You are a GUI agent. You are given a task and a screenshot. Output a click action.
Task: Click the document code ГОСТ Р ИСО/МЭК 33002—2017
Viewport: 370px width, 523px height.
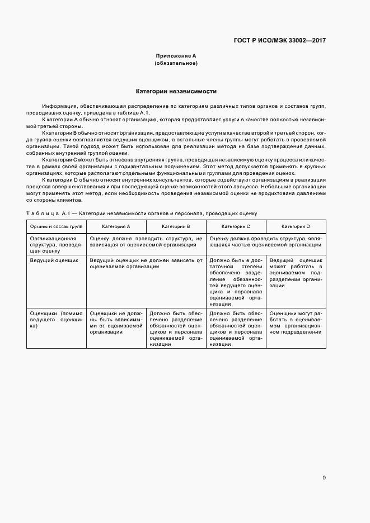point(279,40)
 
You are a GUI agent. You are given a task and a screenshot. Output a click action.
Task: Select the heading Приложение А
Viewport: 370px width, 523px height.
point(176,56)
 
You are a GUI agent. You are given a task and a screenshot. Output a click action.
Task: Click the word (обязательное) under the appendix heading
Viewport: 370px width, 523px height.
point(176,63)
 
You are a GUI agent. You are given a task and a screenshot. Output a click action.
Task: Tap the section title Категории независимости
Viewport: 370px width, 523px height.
point(176,91)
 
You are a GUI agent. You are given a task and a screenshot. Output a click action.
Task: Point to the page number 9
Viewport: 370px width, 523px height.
point(324,462)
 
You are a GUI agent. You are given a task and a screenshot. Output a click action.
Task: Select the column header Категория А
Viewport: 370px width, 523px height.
point(116,226)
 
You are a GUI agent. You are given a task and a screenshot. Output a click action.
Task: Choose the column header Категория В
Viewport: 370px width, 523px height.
point(176,226)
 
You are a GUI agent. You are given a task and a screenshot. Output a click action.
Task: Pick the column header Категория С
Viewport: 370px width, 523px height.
point(236,226)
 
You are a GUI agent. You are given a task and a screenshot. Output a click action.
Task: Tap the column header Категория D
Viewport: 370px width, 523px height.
point(296,226)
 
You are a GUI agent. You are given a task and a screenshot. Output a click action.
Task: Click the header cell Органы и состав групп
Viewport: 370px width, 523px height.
point(56,226)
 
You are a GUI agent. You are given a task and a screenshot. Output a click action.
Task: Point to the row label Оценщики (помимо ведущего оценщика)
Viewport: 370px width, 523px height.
point(56,319)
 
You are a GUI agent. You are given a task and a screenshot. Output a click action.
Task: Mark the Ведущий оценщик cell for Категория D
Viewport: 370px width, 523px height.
point(296,273)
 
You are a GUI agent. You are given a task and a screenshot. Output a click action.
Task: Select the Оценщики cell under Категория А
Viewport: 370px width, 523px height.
point(116,322)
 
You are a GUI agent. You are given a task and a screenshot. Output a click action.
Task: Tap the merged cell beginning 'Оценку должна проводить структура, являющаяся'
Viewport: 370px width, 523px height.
point(266,241)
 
